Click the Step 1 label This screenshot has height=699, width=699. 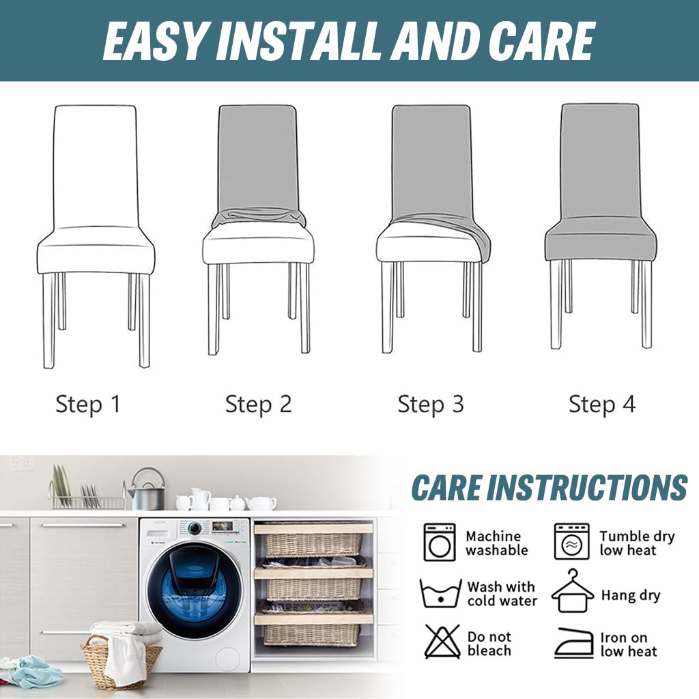click(88, 404)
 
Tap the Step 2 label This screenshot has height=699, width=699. click(258, 404)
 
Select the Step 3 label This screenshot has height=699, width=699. click(431, 404)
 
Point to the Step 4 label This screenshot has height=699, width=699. click(602, 404)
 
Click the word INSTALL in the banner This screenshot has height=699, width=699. click(304, 41)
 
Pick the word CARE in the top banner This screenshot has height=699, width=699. click(541, 41)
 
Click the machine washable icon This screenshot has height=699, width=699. click(440, 542)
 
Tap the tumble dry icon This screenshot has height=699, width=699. click(571, 541)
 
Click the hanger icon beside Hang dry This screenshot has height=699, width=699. click(573, 591)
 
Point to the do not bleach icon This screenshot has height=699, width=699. click(442, 642)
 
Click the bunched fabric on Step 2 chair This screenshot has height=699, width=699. click(259, 217)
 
